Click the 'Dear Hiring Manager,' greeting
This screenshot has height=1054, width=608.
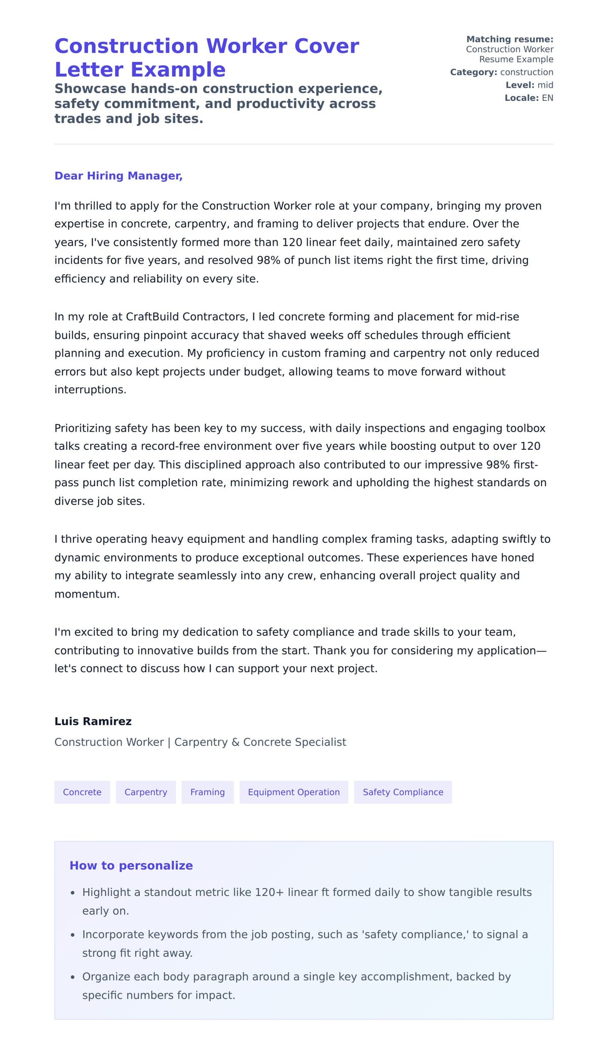pos(118,176)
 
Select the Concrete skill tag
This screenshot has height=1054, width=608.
pos(82,792)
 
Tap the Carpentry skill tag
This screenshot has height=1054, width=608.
pos(145,792)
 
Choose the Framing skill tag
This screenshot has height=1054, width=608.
pos(207,792)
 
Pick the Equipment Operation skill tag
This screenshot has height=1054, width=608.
pos(293,792)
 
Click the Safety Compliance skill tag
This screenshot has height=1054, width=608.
pos(403,792)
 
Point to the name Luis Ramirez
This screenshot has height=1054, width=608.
pos(93,721)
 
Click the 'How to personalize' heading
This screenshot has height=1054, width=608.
pos(131,866)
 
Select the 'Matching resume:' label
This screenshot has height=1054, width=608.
pos(509,39)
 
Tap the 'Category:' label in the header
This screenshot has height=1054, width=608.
pos(473,72)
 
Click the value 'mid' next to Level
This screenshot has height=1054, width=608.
pos(545,85)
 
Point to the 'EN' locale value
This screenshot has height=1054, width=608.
pos(547,98)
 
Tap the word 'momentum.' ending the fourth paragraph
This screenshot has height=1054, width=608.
pos(87,594)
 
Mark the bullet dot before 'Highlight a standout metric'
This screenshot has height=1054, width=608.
pos(73,893)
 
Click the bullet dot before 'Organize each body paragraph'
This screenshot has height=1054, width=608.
pos(73,978)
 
